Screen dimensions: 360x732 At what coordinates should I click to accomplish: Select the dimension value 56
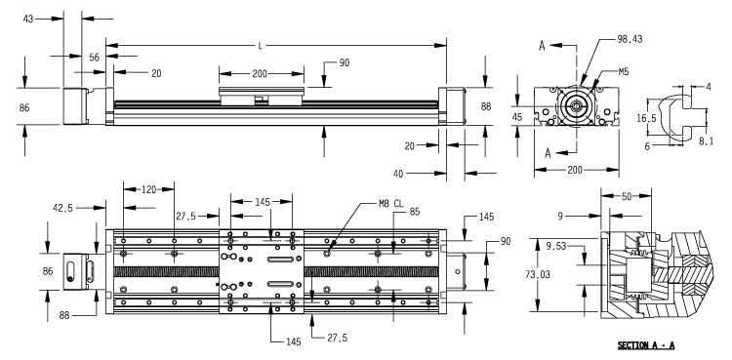tap(95, 59)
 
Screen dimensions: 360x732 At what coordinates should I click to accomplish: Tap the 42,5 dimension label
tap(61, 207)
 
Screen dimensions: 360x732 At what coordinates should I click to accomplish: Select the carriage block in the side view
tap(260, 96)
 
